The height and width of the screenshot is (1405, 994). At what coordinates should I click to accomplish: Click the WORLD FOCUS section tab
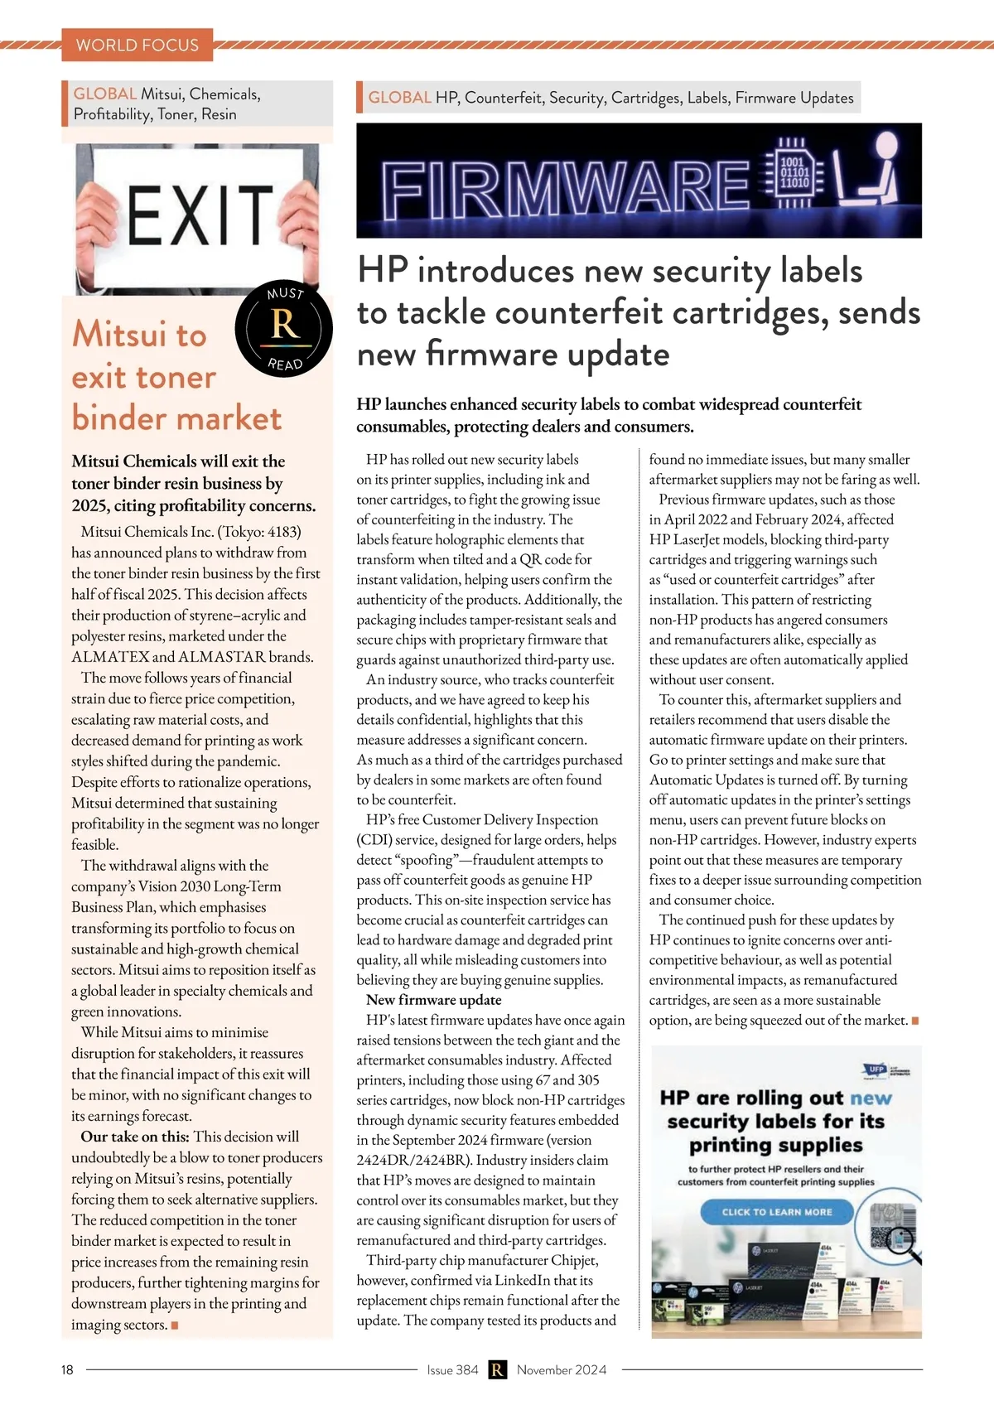pyautogui.click(x=138, y=45)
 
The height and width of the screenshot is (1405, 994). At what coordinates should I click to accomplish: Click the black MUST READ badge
pyautogui.click(x=284, y=329)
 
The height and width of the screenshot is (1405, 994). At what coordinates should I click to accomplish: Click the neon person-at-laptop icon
pyautogui.click(x=870, y=171)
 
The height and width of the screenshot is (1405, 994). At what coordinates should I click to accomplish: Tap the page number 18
pyautogui.click(x=67, y=1370)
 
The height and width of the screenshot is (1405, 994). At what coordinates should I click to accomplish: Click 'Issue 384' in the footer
pyautogui.click(x=452, y=1370)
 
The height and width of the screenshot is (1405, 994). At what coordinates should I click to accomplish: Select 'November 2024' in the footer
pyautogui.click(x=562, y=1370)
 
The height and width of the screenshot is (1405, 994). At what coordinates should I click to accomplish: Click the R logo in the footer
pyautogui.click(x=497, y=1370)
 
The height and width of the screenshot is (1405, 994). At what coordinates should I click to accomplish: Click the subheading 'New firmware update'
pyautogui.click(x=434, y=1000)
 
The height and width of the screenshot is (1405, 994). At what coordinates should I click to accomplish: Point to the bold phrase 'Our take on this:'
pyautogui.click(x=135, y=1137)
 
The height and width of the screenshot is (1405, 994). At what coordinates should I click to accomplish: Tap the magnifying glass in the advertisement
pyautogui.click(x=901, y=1243)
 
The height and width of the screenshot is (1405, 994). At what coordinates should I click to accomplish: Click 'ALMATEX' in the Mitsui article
pyautogui.click(x=110, y=657)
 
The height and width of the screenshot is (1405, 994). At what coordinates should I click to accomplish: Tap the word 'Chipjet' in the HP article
pyautogui.click(x=575, y=1260)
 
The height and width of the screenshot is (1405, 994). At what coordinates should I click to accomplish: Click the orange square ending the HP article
pyautogui.click(x=915, y=1021)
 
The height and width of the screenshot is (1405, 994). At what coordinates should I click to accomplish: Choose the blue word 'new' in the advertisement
pyautogui.click(x=871, y=1098)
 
